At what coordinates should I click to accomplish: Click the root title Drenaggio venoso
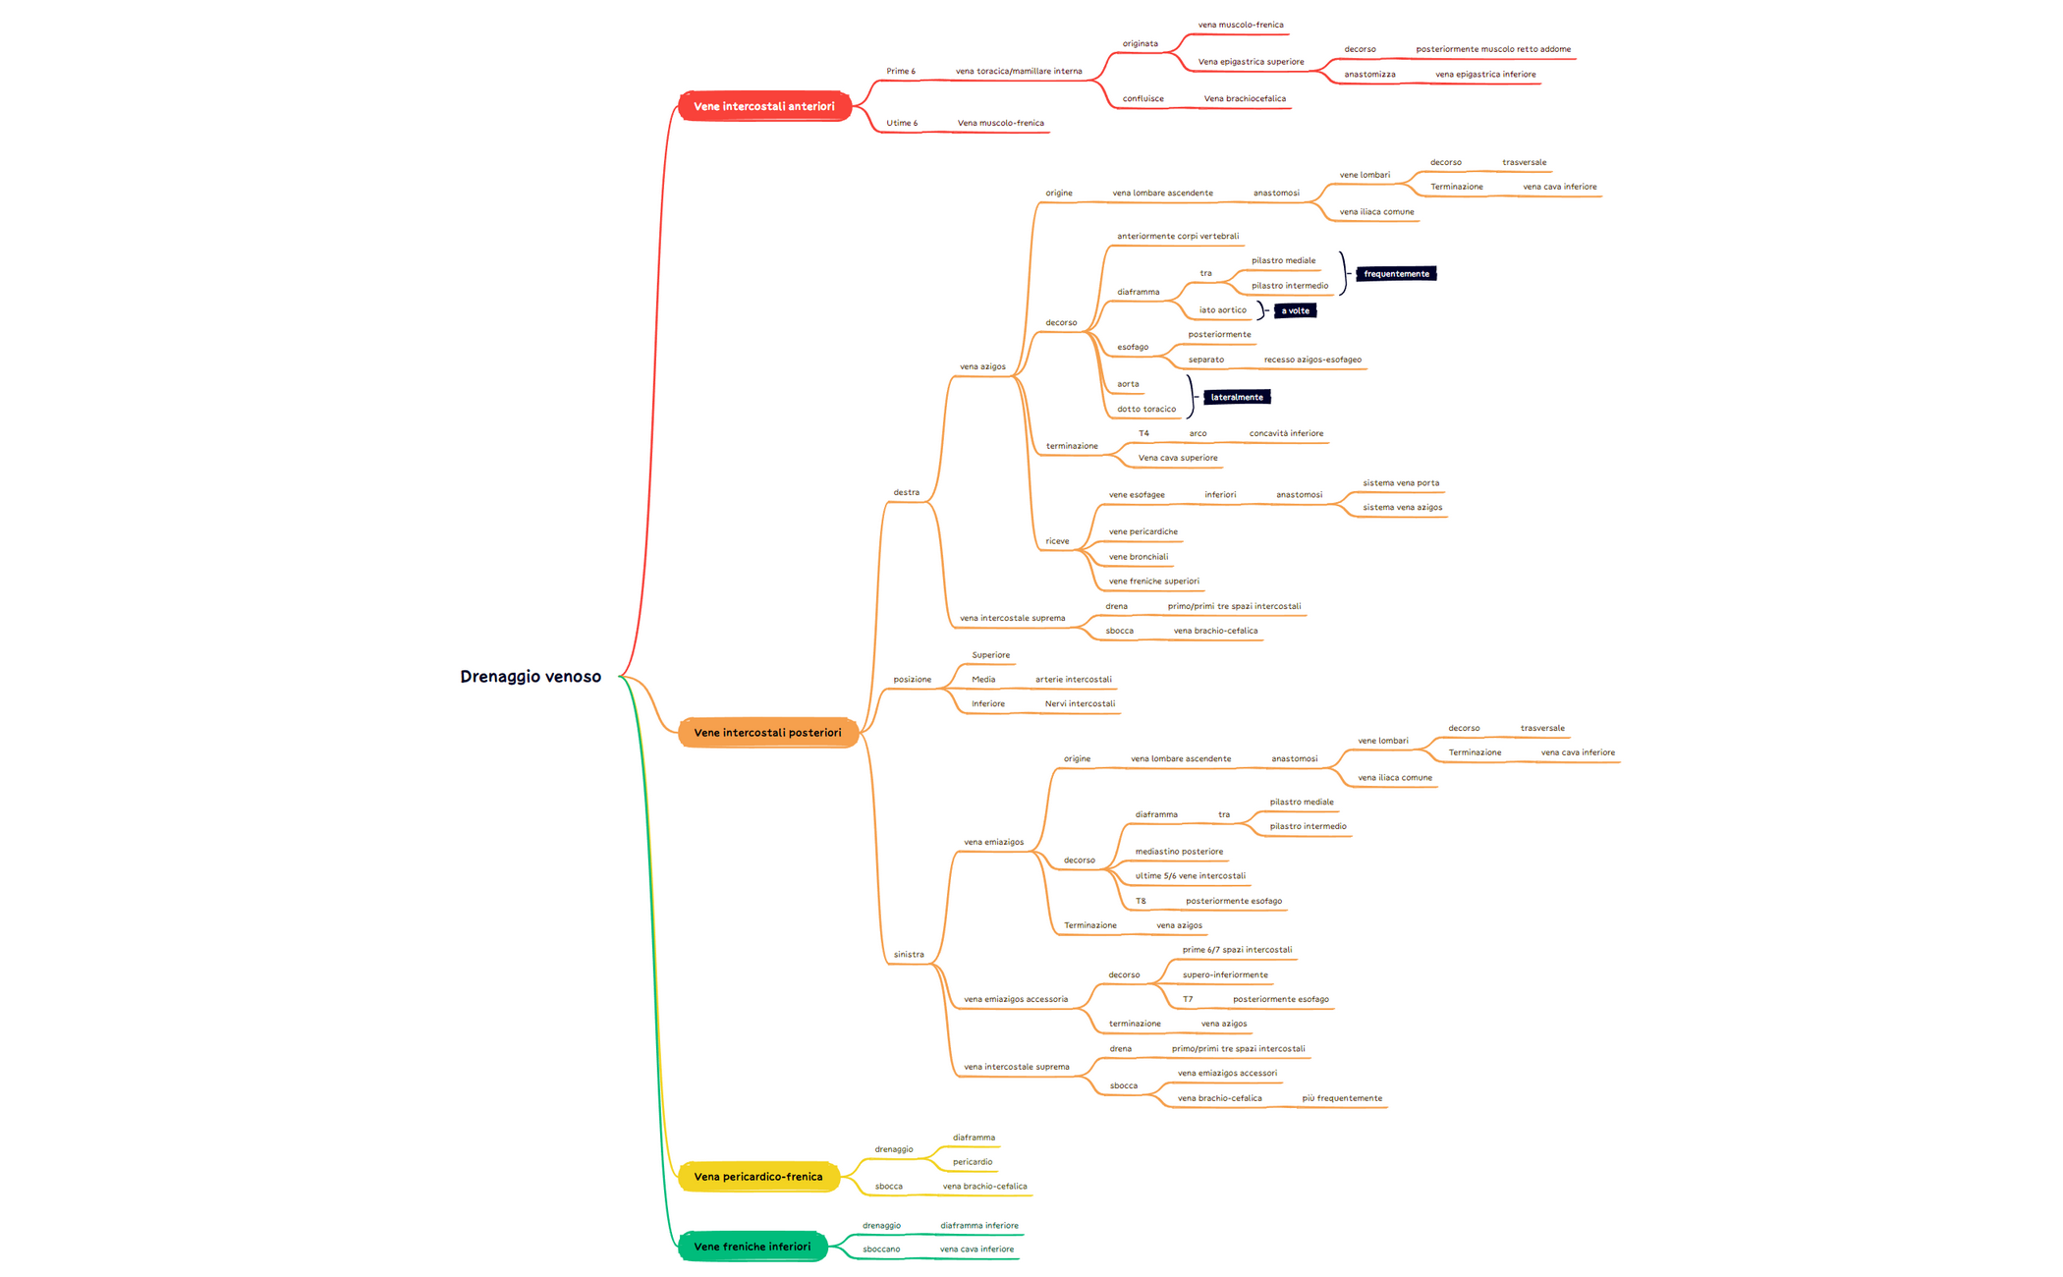[530, 676]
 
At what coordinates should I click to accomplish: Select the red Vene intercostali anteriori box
[764, 106]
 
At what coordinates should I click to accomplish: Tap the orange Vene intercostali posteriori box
[767, 732]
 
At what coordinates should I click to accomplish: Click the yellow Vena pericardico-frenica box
[757, 1176]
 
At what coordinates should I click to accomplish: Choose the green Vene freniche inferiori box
[752, 1247]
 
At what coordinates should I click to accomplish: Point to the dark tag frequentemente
[1396, 274]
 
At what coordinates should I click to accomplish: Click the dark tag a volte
[1295, 310]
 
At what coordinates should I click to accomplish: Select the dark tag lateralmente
[1237, 397]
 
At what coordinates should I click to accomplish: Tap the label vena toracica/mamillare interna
[1019, 71]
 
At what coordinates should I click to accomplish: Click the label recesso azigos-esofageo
[1312, 360]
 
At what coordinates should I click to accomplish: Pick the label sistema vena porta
[1401, 482]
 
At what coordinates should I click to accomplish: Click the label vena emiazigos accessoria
[1016, 999]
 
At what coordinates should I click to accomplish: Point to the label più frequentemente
[1342, 1098]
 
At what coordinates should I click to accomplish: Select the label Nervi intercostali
[1080, 703]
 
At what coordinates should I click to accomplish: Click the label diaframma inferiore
[978, 1225]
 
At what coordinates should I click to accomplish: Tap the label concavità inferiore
[1286, 433]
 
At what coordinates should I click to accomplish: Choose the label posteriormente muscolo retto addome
[1493, 49]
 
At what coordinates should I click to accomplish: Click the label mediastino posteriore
[1179, 852]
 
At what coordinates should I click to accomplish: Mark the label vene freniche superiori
[1153, 581]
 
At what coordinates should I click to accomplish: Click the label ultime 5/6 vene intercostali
[1190, 875]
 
